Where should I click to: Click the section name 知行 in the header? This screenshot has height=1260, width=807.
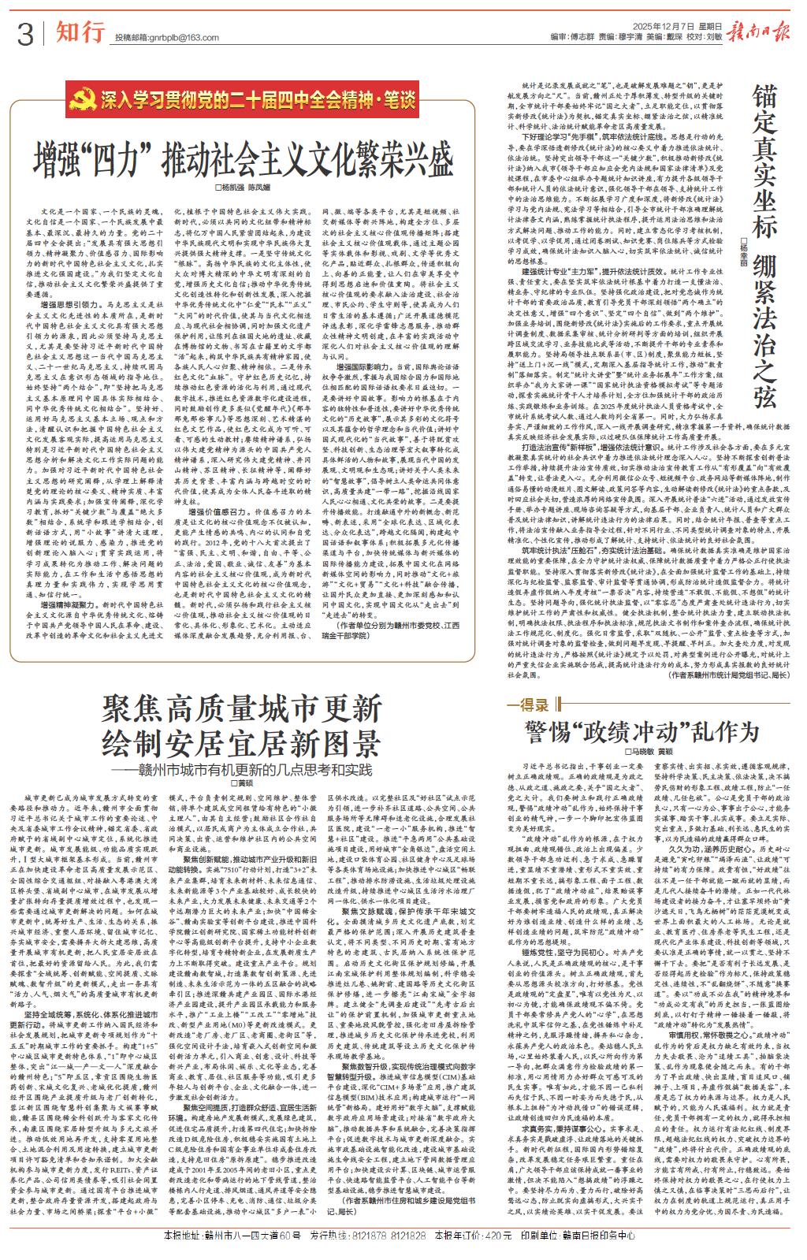point(80,32)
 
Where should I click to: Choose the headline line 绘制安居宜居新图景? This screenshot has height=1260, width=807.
point(241,742)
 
